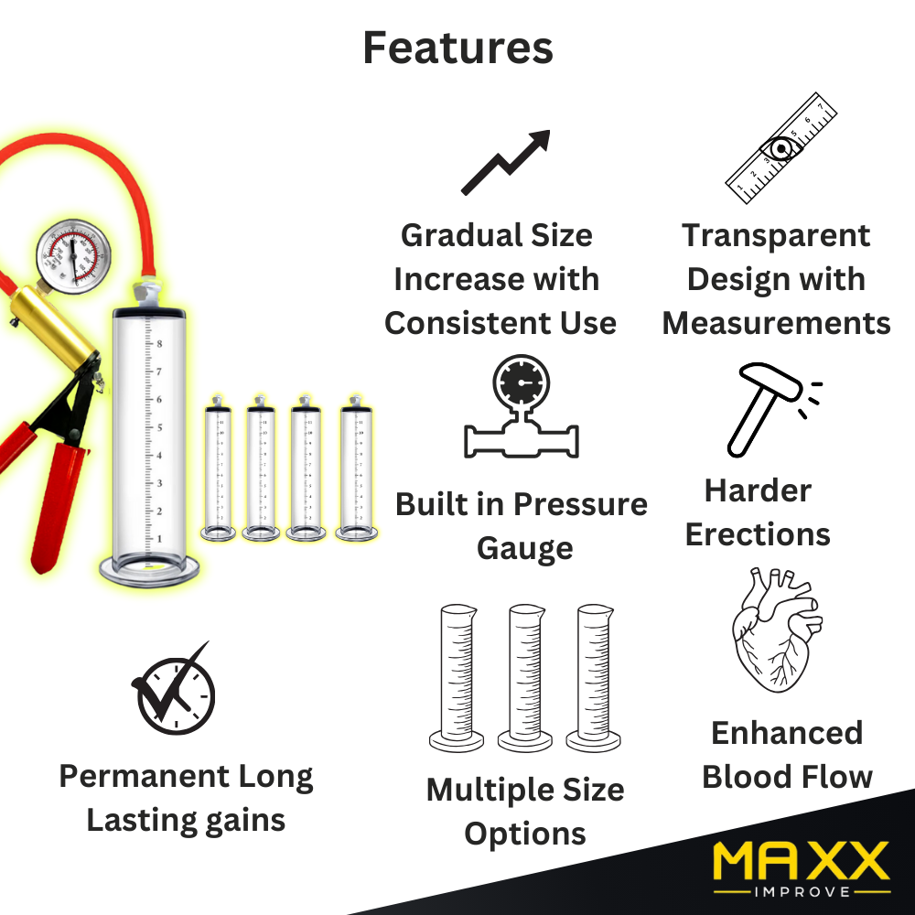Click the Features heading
click(458, 48)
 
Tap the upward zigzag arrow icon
click(505, 162)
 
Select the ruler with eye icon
click(780, 148)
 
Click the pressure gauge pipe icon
click(522, 407)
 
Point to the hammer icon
click(770, 408)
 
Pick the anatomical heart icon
click(776, 630)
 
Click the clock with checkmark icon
click(174, 689)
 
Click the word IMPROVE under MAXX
click(802, 891)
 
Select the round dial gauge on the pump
click(73, 256)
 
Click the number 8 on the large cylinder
click(159, 344)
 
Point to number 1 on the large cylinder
click(159, 539)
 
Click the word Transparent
click(776, 236)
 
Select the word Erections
click(758, 534)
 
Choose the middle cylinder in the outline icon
click(526, 677)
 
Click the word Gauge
click(524, 549)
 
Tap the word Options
click(525, 834)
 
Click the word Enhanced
click(787, 733)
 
